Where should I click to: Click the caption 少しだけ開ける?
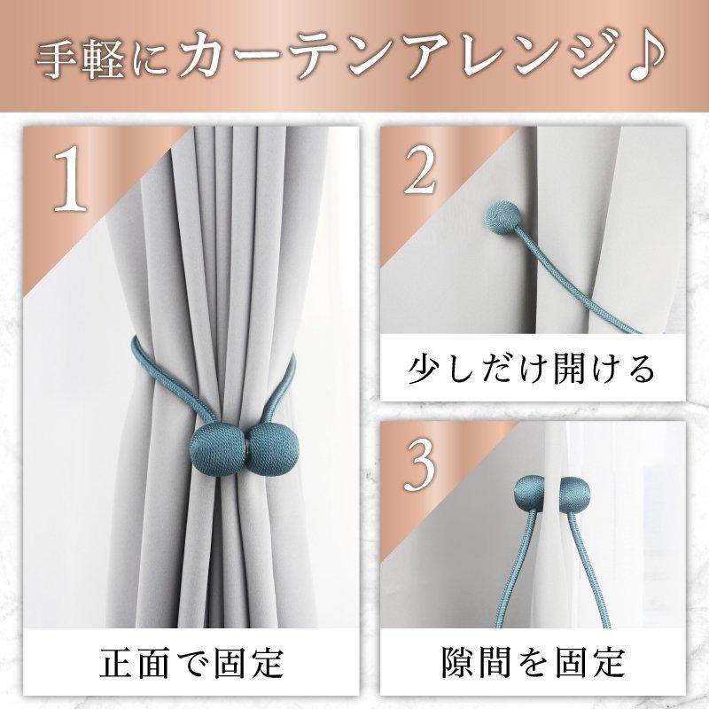click(x=532, y=366)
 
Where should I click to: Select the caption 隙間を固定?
click(x=532, y=662)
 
